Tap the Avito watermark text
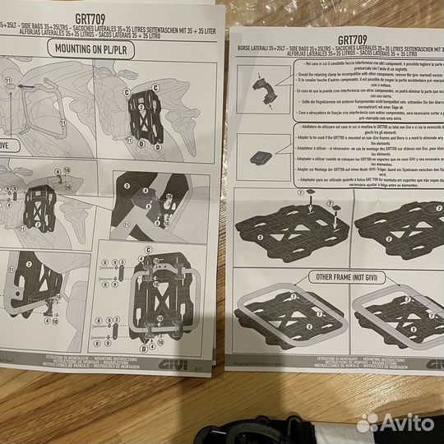[x=408, y=422]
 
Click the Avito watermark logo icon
[x=369, y=422]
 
